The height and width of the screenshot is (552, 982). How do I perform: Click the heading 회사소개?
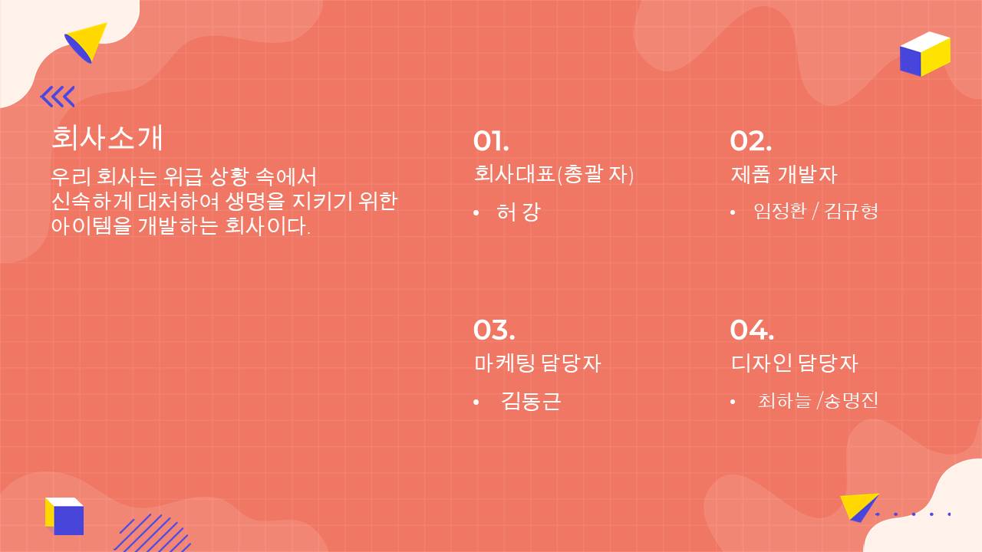[107, 138]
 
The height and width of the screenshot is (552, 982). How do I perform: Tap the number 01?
[490, 142]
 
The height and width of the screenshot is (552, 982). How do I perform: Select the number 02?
[750, 142]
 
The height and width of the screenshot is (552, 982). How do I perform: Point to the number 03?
[493, 330]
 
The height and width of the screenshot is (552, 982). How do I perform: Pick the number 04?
[752, 330]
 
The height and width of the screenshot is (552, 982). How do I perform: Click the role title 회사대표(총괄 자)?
[554, 174]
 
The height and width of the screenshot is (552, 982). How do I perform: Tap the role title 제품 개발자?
[784, 174]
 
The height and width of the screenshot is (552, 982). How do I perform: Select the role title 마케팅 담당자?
[537, 363]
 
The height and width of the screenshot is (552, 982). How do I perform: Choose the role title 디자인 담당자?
[794, 363]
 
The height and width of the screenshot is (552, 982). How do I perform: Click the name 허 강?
[519, 212]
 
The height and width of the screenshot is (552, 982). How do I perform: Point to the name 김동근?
[531, 401]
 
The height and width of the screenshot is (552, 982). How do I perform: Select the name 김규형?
[852, 211]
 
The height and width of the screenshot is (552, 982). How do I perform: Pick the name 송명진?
[851, 401]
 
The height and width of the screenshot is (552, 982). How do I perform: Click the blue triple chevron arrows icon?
[58, 97]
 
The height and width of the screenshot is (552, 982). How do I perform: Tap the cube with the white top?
[925, 54]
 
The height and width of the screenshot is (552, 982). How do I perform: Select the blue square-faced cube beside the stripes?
[64, 516]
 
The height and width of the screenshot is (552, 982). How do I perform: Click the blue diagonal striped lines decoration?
[153, 533]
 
